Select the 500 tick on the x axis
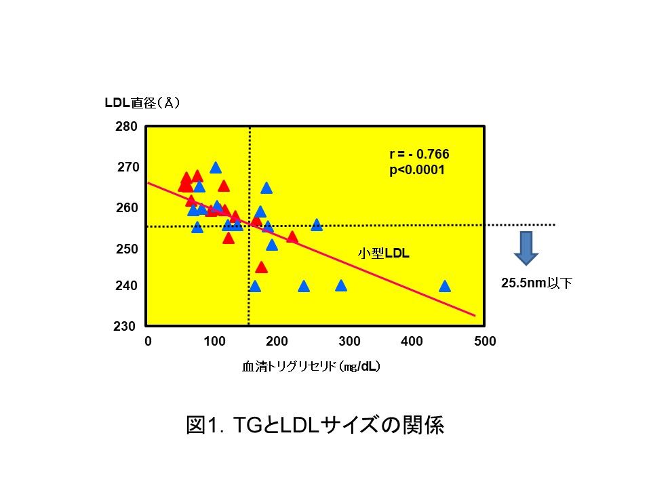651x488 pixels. (x=485, y=342)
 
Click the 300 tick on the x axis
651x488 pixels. (x=350, y=342)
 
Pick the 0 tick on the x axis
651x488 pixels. (x=148, y=342)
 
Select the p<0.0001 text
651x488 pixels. (x=417, y=170)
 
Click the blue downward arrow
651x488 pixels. (x=526, y=247)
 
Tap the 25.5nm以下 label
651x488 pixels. (x=536, y=284)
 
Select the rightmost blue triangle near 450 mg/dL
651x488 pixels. (x=445, y=286)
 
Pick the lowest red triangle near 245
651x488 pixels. (x=261, y=267)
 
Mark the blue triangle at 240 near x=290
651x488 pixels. (x=341, y=286)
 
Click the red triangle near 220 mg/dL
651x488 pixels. (x=292, y=237)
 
